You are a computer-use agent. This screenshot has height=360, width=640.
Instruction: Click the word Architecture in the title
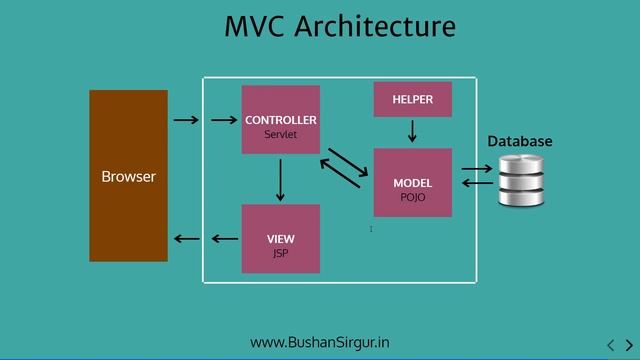375,26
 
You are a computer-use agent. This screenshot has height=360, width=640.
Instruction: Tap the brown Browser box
128,176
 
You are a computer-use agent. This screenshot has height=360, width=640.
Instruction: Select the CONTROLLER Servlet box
281,120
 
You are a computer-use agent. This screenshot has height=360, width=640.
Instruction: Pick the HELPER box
412,100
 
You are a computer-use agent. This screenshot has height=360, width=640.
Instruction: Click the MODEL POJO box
412,183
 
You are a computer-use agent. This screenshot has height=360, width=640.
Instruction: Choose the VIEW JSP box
281,239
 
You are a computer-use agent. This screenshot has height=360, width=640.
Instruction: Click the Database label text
519,142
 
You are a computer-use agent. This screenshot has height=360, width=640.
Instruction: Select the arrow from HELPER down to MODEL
412,132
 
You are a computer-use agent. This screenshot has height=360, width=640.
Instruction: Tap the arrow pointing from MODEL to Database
478,171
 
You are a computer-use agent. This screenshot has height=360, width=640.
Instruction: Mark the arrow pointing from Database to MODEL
478,185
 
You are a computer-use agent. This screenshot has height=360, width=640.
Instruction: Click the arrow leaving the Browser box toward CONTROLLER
186,121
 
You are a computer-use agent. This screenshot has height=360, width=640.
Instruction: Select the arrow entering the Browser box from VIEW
186,239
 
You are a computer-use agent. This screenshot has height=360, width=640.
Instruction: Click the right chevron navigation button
629,347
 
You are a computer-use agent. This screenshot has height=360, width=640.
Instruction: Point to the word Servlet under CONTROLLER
281,134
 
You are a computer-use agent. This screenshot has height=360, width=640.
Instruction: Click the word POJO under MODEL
412,197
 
